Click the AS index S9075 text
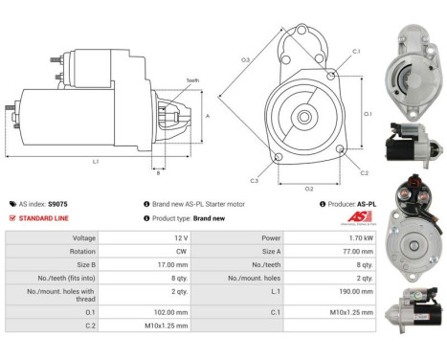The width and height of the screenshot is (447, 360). (44, 204)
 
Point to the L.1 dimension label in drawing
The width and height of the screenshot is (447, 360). (96, 162)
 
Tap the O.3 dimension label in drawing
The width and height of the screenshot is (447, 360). (245, 60)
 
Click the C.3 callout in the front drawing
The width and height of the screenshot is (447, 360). (255, 180)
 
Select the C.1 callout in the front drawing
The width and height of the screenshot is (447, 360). (356, 51)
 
